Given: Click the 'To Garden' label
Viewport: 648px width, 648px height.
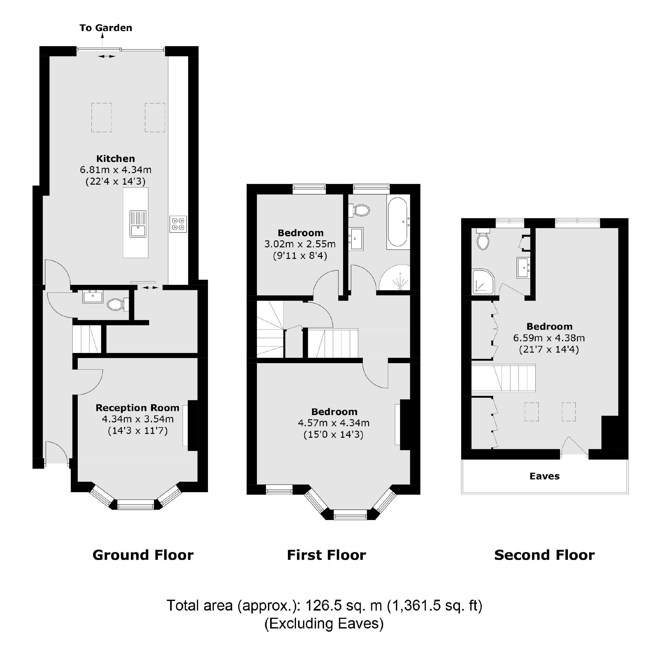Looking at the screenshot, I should coord(106,28).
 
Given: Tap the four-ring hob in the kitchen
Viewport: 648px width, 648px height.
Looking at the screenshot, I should coord(178,224).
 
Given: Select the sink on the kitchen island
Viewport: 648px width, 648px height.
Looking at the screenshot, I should coord(138,224).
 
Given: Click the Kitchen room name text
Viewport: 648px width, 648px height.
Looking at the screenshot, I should coord(116,159).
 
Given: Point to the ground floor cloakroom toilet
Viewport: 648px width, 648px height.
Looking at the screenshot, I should coord(116,305).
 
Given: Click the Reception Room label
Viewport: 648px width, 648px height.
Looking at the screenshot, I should coord(137,408).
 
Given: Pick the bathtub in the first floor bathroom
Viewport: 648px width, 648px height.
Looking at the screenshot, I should coord(398,223).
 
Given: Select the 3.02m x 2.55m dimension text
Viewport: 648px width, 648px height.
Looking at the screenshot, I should coord(300,244).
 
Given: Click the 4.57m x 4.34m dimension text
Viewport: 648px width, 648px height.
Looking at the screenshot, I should coord(333,423).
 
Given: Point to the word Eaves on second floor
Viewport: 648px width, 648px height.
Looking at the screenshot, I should coord(544,476).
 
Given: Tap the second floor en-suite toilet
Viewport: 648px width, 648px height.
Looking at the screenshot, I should coord(483,240).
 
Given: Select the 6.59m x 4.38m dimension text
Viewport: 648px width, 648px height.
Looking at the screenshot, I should coord(549,338).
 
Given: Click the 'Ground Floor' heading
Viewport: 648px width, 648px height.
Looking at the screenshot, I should coord(143,555).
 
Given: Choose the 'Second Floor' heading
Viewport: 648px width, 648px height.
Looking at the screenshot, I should coord(544,555).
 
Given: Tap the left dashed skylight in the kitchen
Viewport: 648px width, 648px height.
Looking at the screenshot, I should coord(101,117).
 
